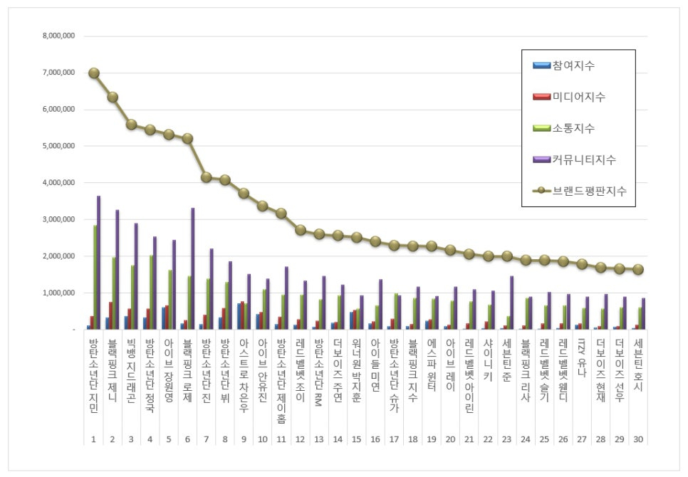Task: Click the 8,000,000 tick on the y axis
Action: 59,36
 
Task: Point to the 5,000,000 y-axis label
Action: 59,146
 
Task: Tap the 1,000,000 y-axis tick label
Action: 59,293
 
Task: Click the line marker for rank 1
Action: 94,73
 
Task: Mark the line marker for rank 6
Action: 188,139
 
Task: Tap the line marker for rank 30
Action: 638,269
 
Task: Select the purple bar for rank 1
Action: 98,263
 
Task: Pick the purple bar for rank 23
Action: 512,303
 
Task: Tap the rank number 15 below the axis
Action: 357,439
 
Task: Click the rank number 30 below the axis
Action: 638,439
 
